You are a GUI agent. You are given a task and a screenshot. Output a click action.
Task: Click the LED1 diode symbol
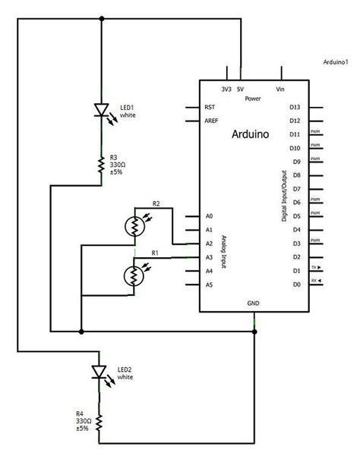tap(101, 111)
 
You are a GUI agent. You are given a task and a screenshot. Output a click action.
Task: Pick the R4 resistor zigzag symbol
tap(99, 422)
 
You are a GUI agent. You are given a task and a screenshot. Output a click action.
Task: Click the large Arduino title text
tap(253, 134)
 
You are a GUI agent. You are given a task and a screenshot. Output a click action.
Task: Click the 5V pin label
tap(241, 90)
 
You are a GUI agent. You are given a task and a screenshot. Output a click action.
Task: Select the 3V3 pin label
tap(226, 90)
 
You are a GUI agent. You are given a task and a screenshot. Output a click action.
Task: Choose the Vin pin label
tap(281, 90)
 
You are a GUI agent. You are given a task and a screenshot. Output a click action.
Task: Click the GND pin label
tap(253, 303)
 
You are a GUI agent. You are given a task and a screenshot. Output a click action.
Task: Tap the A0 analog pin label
tap(209, 216)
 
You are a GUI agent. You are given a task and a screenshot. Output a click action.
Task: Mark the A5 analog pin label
tap(209, 285)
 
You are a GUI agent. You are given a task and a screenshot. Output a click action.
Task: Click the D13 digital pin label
tap(296, 107)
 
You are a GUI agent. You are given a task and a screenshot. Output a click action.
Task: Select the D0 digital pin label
tap(296, 285)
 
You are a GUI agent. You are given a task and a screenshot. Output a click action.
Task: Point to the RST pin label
tap(210, 107)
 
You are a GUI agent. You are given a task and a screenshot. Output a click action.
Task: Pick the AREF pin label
tap(212, 121)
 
